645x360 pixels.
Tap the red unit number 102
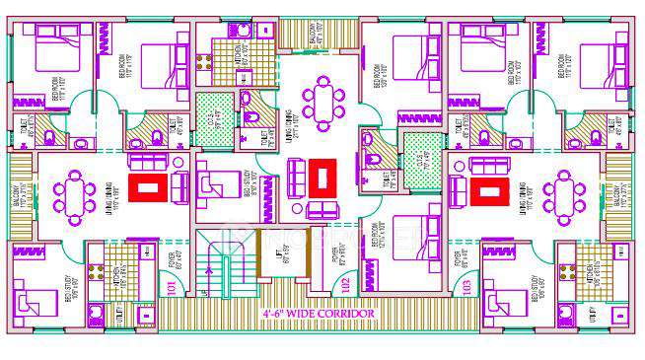(x=344, y=286)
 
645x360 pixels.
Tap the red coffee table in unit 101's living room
(x=149, y=186)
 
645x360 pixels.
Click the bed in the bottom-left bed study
(x=37, y=295)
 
